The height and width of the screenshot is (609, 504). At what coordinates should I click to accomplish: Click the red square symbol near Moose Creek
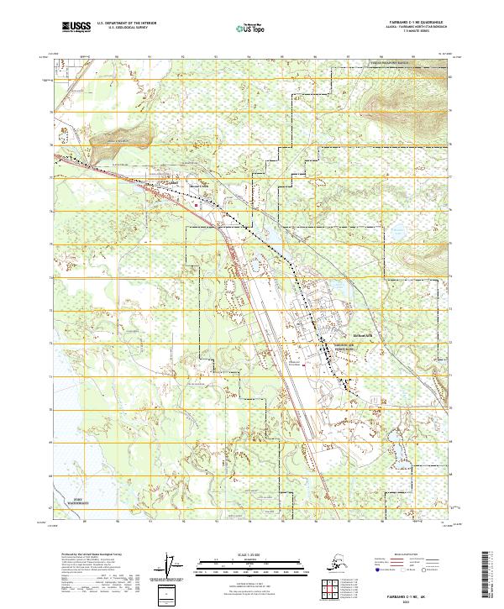coord(197,202)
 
